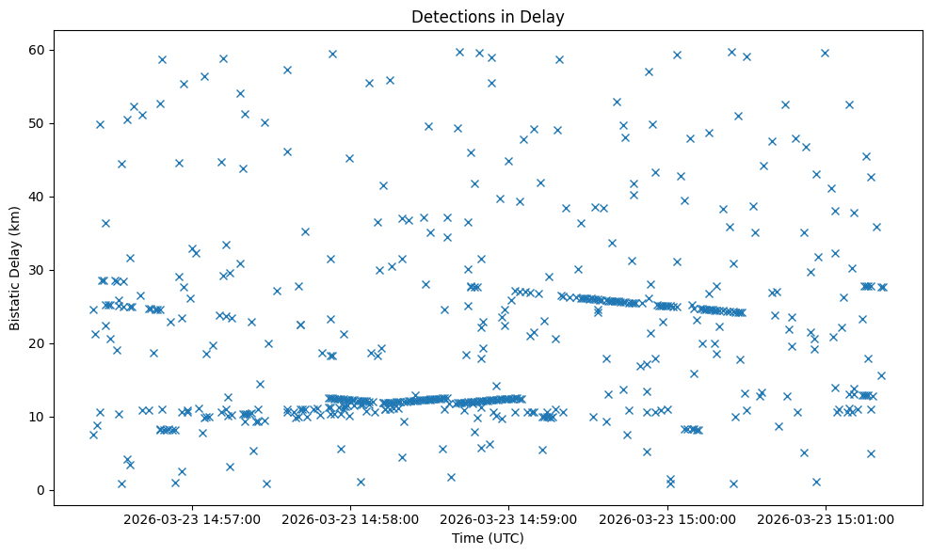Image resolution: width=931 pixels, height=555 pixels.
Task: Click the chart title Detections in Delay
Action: (x=488, y=16)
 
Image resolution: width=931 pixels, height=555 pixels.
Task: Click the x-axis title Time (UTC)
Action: (x=488, y=539)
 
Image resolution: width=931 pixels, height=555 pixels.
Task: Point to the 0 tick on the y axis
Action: (x=40, y=490)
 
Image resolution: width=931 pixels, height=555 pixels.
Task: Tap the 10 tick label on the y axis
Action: (x=37, y=417)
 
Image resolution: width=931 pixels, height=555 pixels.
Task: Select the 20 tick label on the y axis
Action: (x=37, y=343)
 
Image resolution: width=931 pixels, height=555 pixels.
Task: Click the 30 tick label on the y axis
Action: (x=37, y=270)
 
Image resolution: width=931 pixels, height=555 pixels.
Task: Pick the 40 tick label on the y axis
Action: (x=37, y=197)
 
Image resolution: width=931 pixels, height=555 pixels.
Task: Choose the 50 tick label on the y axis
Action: (x=37, y=123)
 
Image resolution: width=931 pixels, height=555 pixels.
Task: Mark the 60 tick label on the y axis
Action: (x=37, y=50)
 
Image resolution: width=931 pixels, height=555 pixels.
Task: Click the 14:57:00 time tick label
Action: (x=192, y=518)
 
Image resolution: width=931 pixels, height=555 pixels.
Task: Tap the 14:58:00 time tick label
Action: (x=350, y=518)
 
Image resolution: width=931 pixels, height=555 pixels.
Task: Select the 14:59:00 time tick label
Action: (x=509, y=518)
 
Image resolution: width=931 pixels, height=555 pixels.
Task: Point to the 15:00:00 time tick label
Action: (x=668, y=518)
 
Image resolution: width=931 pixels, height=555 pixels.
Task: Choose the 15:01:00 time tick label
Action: (x=827, y=518)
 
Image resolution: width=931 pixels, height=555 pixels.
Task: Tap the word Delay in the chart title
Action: (x=545, y=16)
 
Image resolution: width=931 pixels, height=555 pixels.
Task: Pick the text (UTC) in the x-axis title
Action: (x=506, y=539)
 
